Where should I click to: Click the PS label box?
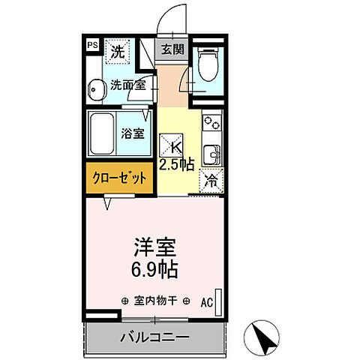(92, 46)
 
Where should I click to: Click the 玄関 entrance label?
(171, 50)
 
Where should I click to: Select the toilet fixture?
(208, 65)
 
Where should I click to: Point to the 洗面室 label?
(127, 85)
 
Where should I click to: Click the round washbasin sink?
(95, 91)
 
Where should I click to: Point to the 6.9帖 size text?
(153, 267)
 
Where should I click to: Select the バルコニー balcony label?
(154, 336)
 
